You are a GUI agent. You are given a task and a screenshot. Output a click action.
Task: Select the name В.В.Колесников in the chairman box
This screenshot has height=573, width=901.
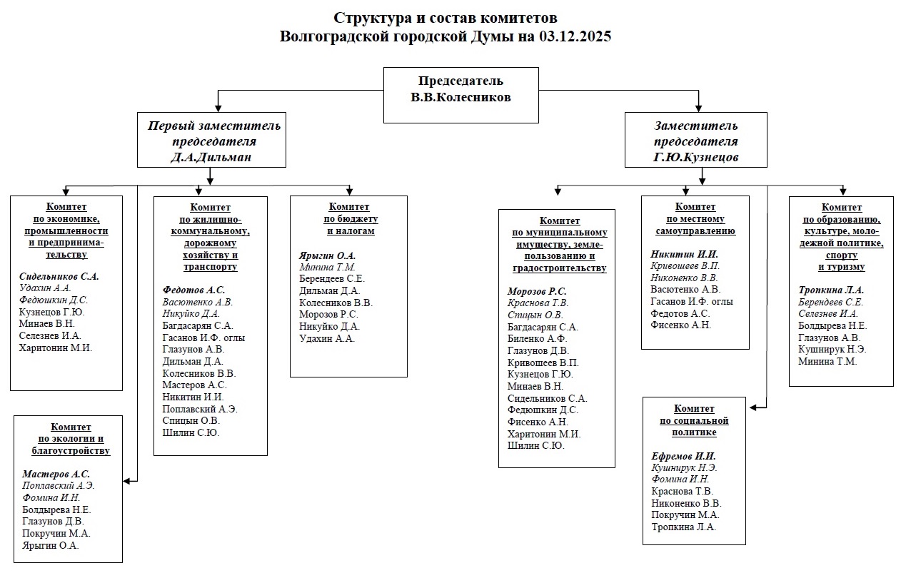click(x=460, y=98)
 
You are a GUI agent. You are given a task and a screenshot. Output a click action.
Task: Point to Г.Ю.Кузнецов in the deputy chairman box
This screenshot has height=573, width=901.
click(x=696, y=157)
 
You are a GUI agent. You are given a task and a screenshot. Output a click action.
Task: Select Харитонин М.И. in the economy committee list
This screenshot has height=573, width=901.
click(x=56, y=348)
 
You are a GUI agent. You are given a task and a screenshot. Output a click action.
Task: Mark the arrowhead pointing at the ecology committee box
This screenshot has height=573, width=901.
click(x=126, y=481)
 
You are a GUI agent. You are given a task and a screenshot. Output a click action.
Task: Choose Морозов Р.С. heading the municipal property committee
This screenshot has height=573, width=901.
click(x=536, y=292)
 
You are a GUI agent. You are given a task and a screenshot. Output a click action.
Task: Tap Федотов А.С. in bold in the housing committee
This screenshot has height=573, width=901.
click(x=193, y=290)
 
